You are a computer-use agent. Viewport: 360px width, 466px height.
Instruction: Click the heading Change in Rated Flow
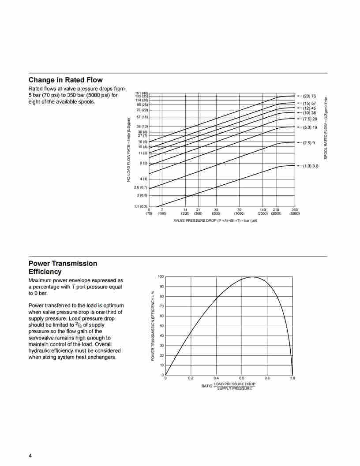point(65,80)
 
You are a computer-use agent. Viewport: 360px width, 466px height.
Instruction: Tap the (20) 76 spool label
point(309,96)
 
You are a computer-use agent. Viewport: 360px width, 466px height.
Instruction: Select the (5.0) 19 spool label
point(310,127)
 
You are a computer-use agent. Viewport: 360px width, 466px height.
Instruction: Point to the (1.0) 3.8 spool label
point(310,166)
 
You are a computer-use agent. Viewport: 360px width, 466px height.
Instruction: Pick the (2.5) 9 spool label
point(309,143)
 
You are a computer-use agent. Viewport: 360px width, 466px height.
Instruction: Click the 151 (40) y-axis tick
point(142,93)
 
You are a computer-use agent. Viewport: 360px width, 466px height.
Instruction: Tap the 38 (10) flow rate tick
point(142,127)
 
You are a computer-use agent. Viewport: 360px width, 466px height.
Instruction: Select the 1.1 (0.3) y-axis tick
point(141,206)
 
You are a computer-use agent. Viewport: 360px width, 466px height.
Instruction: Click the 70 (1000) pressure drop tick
point(239,212)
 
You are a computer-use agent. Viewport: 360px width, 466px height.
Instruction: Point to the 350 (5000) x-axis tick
point(294,212)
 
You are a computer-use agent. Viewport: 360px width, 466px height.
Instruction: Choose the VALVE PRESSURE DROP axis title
point(215,220)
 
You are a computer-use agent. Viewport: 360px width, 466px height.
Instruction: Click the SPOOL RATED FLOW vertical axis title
point(326,128)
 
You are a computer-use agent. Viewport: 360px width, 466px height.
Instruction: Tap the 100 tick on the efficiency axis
point(161,277)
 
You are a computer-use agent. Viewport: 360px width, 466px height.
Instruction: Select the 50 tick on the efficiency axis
point(161,326)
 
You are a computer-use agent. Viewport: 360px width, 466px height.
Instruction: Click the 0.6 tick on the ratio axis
point(242,378)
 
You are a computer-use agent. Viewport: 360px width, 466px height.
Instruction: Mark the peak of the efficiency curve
point(252,277)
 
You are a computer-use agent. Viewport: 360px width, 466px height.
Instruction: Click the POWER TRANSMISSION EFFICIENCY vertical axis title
point(153,326)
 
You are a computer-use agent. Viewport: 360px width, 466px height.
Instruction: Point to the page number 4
point(30,455)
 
